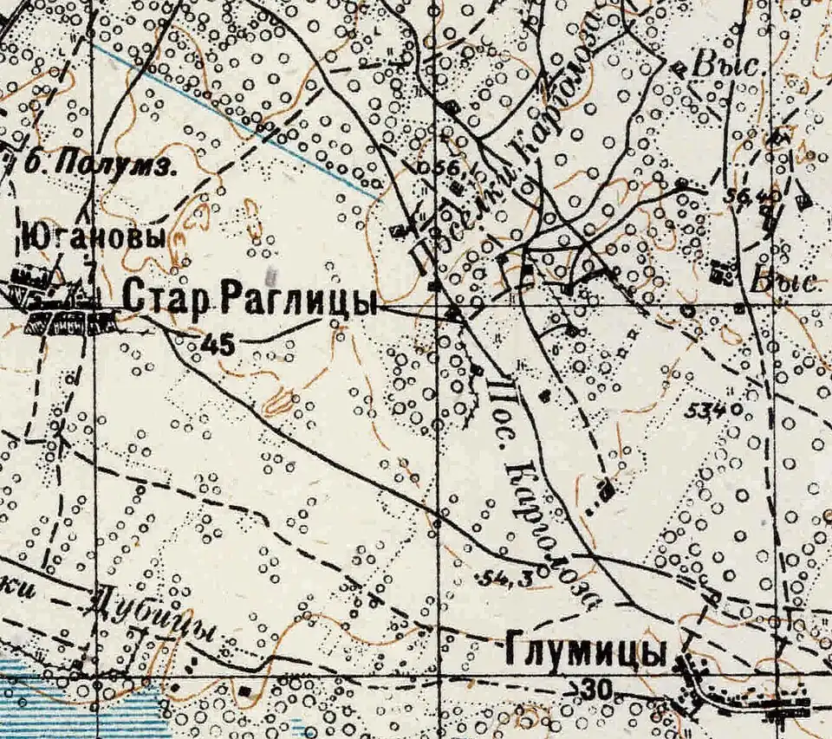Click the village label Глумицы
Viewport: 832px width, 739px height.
click(584, 652)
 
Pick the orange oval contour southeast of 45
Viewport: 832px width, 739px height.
click(279, 401)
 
